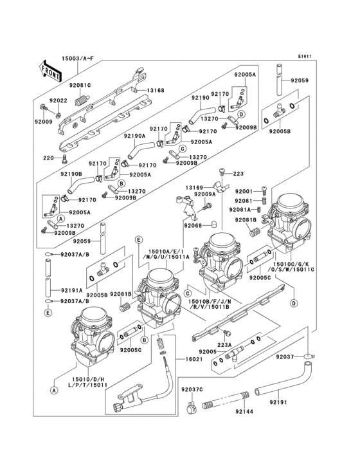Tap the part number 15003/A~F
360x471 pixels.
(77, 59)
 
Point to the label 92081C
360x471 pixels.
(80, 85)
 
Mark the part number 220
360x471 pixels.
(48, 158)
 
